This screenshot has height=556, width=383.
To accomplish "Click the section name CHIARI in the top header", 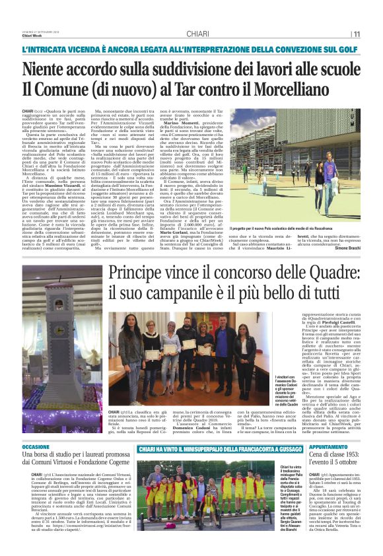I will point(198,34).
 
